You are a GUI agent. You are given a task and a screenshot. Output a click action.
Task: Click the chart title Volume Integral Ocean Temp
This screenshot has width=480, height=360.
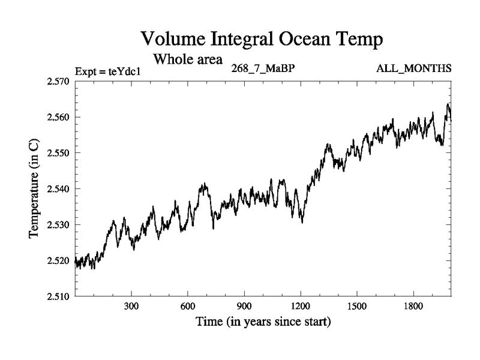(x=262, y=40)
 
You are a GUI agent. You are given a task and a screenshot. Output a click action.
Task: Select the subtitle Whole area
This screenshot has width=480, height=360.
(x=188, y=59)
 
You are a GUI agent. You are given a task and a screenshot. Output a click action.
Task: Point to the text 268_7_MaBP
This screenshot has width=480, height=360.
(x=262, y=68)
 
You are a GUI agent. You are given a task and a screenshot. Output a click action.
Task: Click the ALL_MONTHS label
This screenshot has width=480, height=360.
(x=413, y=68)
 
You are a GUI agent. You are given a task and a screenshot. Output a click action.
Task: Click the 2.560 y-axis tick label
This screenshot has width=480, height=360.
(x=59, y=117)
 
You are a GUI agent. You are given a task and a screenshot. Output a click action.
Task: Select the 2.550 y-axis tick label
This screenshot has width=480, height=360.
(x=59, y=152)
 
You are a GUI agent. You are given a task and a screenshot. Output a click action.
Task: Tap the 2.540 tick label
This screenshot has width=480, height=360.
(x=59, y=188)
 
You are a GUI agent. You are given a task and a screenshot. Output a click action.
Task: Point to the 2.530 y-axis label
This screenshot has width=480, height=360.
(x=59, y=224)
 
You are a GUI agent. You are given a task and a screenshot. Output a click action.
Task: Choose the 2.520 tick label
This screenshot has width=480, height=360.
(x=59, y=260)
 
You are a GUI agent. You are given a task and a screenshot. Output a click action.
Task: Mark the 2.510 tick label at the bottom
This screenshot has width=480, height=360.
(x=59, y=296)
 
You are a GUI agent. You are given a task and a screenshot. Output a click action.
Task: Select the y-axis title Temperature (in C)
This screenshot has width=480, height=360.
(x=35, y=188)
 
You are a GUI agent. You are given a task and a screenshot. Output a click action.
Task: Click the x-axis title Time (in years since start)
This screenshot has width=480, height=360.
(x=263, y=322)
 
